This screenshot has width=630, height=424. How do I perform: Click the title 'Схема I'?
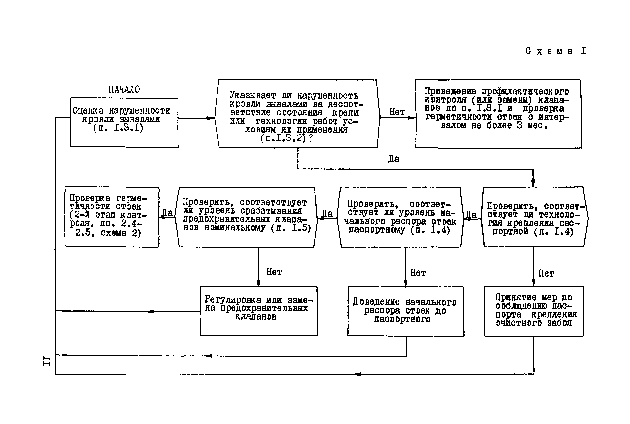555,51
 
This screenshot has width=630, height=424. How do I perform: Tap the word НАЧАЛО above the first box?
124,89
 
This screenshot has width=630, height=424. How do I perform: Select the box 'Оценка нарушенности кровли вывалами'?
124,122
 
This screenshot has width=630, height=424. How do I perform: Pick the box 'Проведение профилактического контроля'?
498,114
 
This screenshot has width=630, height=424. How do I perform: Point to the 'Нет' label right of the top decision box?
397,112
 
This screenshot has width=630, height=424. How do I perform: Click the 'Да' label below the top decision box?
394,159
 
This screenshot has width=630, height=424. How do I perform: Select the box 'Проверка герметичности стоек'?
112,217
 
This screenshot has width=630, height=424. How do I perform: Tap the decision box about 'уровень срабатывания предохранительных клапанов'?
246,217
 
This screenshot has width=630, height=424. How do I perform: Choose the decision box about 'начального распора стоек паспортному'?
400,217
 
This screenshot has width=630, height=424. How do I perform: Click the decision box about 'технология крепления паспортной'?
534,217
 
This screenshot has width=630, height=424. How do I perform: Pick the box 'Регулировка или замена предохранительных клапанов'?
259,311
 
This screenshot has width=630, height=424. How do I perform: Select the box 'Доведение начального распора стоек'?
405,311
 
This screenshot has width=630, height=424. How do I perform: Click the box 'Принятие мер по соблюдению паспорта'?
534,311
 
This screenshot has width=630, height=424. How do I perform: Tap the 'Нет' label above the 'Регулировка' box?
274,272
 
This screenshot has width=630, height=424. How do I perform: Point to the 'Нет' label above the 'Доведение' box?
418,273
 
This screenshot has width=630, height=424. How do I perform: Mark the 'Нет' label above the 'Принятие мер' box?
546,274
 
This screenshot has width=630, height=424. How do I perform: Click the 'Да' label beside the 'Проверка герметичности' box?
167,213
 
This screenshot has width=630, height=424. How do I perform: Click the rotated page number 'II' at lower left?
47,361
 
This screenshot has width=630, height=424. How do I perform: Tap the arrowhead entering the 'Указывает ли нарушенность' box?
211,118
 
